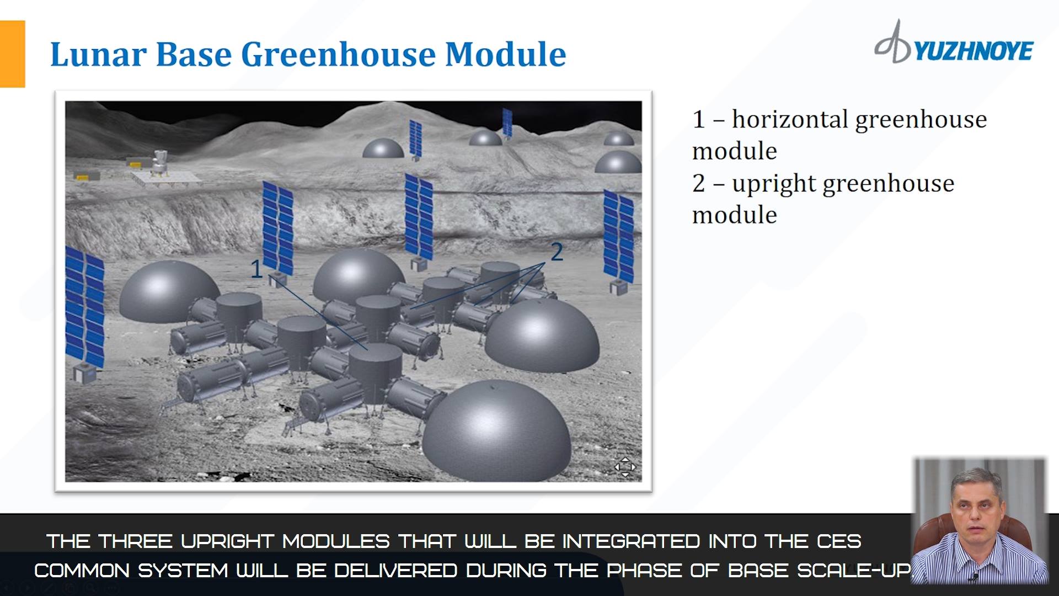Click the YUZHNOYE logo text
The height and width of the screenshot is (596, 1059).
coord(973,51)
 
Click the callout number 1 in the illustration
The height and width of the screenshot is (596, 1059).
coord(256,269)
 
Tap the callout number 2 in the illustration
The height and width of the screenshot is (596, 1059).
coord(557,252)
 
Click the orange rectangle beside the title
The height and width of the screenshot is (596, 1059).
coord(12,54)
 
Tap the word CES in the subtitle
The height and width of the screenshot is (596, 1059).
coord(839,541)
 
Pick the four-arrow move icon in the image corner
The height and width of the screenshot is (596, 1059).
coord(625,467)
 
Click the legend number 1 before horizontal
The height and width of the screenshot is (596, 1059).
coord(698,120)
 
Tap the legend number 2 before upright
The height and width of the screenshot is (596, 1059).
coord(699,184)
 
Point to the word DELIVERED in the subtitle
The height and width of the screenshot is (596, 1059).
coord(395,571)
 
